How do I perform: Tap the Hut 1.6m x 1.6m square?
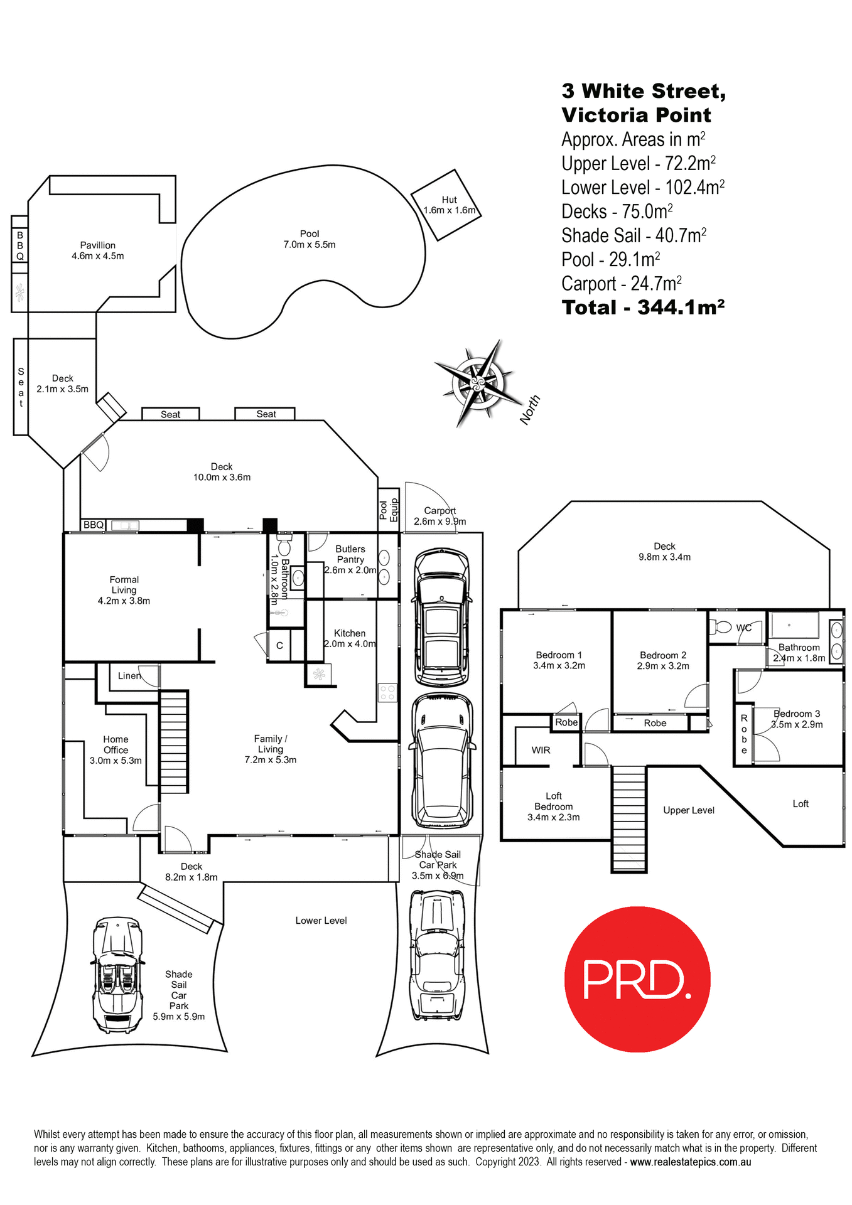(x=446, y=205)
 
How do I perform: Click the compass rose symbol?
(x=478, y=382)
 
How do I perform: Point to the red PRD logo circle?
(x=637, y=979)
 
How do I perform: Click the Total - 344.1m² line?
(x=643, y=308)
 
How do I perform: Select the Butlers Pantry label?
(x=350, y=554)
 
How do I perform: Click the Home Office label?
(x=116, y=744)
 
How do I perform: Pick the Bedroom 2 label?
(x=662, y=655)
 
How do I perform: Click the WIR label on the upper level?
(x=541, y=750)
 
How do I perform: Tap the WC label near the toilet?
(x=743, y=628)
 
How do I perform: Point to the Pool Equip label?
(x=389, y=510)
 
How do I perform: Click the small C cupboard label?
(x=279, y=645)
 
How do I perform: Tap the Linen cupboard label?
(x=129, y=676)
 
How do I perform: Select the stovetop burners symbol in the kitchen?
(x=387, y=693)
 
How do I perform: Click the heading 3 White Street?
(x=643, y=91)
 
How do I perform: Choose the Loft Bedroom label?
(x=553, y=806)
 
